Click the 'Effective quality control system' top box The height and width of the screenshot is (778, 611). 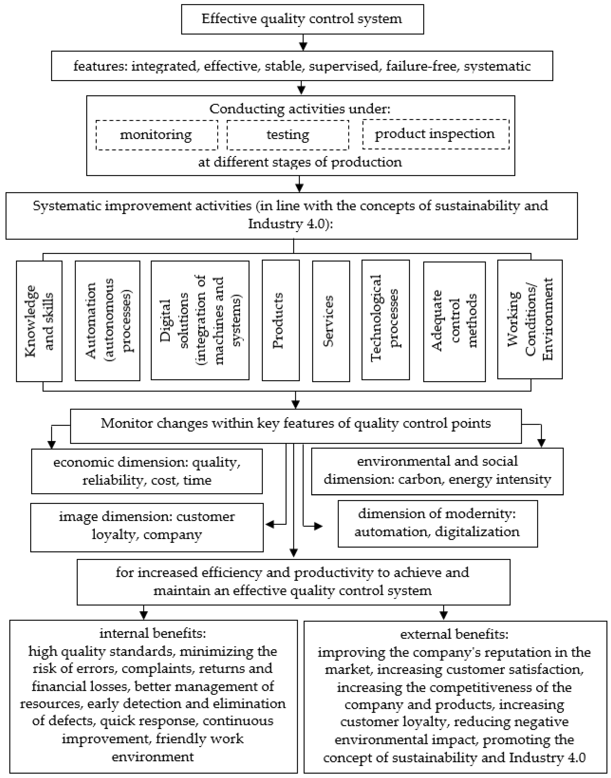tap(302, 19)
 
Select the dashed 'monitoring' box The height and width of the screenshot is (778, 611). tap(157, 135)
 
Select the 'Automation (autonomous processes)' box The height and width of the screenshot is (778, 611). tap(107, 321)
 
